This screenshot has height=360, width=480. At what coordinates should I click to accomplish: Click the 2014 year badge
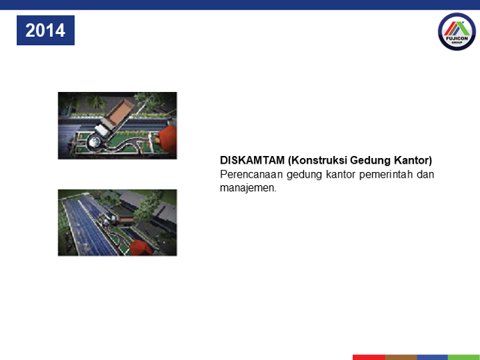[46, 31]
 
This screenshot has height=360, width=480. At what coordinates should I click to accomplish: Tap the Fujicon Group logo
[457, 31]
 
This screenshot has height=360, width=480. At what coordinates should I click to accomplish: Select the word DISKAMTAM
[253, 160]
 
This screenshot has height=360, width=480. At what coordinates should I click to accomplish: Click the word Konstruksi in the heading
[317, 160]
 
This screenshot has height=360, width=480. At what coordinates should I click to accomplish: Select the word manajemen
[248, 188]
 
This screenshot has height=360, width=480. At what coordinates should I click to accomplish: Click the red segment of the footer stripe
[369, 357]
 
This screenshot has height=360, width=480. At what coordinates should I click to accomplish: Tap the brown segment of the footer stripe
[401, 357]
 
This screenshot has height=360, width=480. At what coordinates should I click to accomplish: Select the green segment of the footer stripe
[464, 357]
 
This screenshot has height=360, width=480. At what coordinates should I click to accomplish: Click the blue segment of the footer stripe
[433, 357]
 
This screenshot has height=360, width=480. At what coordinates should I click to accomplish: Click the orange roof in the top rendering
[168, 139]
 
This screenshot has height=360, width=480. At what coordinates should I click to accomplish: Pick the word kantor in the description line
[340, 174]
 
